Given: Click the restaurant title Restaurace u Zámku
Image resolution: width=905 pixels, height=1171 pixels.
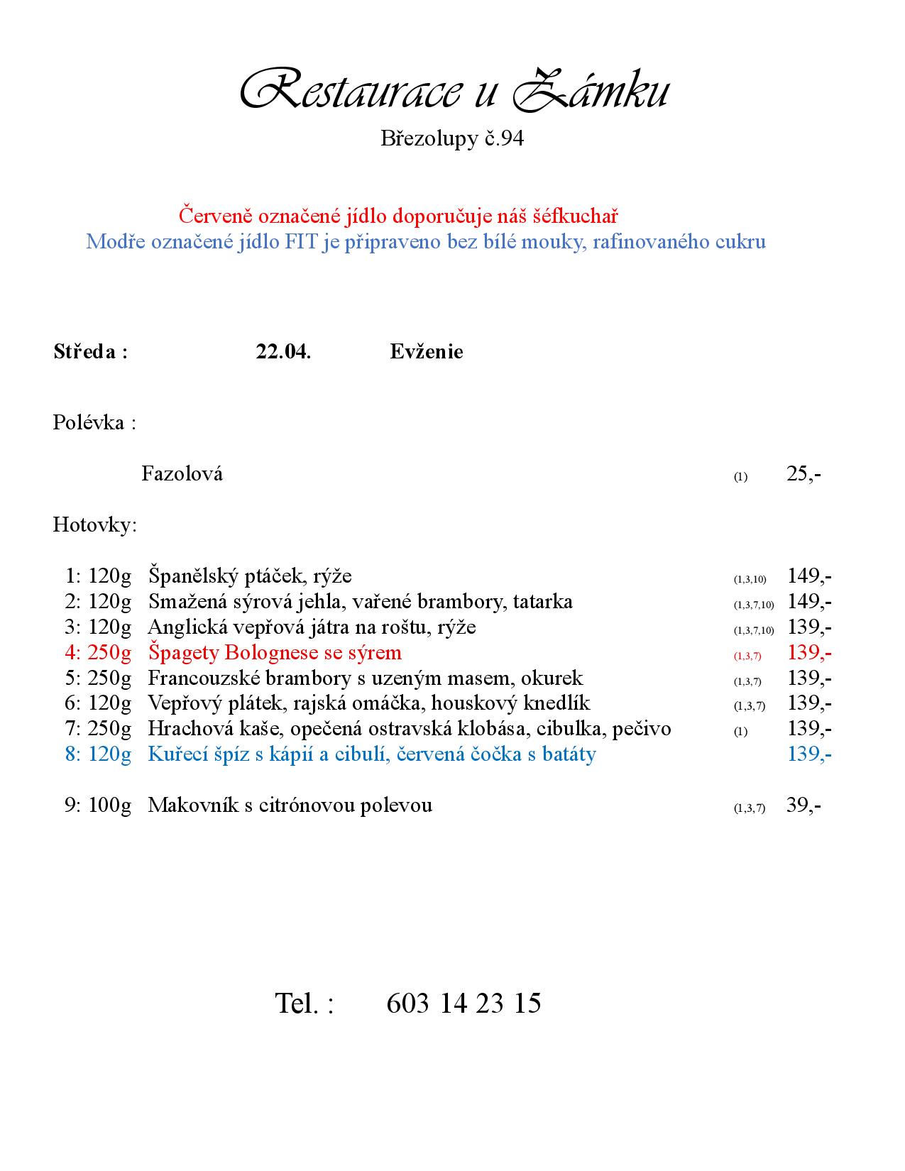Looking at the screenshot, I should click(453, 91).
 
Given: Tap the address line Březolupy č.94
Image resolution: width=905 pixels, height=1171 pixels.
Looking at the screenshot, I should click(452, 138).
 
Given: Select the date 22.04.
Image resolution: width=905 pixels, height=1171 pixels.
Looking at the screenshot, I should click(283, 351).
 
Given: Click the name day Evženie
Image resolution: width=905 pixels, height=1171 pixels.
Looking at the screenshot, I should click(426, 351).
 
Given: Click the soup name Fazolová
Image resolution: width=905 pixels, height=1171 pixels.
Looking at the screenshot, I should click(182, 473).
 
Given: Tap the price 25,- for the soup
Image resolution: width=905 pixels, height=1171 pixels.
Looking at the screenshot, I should click(803, 473).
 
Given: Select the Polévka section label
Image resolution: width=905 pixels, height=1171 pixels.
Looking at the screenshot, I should click(94, 423).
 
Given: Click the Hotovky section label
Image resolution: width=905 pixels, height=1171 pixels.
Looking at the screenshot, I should click(94, 525).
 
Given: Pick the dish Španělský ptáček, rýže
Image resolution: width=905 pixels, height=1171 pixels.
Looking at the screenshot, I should click(250, 576).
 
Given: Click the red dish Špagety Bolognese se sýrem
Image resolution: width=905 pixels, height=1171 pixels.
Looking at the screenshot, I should click(275, 652).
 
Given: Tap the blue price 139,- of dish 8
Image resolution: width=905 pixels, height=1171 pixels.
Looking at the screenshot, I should click(809, 754).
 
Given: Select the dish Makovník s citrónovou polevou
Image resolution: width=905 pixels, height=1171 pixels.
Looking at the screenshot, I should click(290, 806).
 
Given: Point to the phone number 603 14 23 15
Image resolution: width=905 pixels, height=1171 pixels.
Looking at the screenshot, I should click(464, 1003).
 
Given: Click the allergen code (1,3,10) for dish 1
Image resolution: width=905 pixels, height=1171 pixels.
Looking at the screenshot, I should click(750, 579).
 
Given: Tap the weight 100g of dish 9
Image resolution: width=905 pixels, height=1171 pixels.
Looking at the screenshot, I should click(109, 806).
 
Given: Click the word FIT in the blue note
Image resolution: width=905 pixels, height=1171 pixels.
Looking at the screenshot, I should click(301, 241).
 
